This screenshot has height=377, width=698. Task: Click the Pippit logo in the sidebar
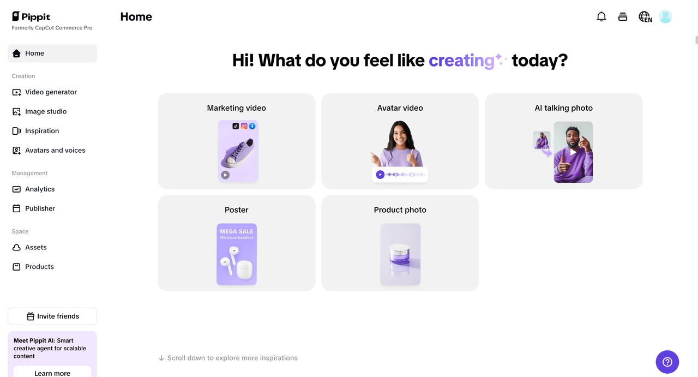pos(31,16)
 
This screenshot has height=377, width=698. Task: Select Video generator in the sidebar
pos(51,92)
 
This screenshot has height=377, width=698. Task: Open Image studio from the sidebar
pos(46,111)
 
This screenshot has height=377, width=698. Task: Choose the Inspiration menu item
pos(42,131)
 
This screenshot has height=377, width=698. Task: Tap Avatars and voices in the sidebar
pos(55,150)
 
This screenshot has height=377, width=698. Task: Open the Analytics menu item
pos(40,189)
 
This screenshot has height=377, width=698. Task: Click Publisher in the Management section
pos(40,208)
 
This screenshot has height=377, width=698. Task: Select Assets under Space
pos(36,247)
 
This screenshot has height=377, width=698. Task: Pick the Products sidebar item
pos(39,267)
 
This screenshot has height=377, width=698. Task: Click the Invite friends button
pos(52,316)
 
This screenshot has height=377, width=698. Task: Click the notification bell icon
pos(601,17)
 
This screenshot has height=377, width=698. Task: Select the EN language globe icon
pos(645,17)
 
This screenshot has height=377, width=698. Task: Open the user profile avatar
pos(665,17)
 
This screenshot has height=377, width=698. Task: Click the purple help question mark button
pos(667,362)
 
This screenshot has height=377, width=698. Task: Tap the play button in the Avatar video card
pos(381,175)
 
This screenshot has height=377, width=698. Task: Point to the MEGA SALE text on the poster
pos(237,231)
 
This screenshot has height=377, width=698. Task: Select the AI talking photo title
pos(563,108)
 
